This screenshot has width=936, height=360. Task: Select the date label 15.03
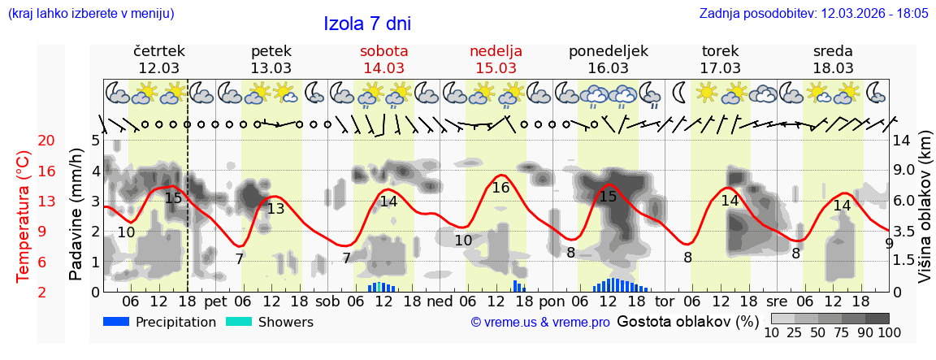coord(496,68)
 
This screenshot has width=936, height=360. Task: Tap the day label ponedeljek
coord(609,51)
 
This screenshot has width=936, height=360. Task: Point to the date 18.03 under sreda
coord(833,68)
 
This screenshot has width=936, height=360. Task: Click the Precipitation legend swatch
coord(117,322)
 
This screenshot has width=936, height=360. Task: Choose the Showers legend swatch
coord(239,322)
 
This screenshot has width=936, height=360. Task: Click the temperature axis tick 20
coord(24,141)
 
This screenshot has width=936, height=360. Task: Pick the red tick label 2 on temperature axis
coord(24,292)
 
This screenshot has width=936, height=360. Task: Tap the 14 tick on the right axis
coord(902,141)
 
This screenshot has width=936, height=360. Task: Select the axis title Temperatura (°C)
coord(24,216)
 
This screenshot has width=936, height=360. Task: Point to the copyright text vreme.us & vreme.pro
coord(540,323)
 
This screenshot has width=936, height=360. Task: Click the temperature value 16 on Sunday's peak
coord(500,188)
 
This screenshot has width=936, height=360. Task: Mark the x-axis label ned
coord(440,301)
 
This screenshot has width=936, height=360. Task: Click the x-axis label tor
coord(665,301)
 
